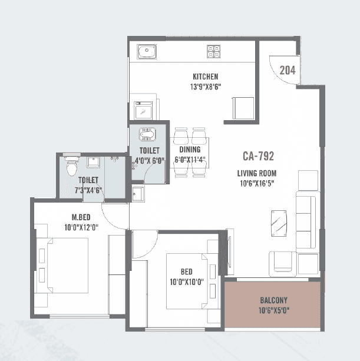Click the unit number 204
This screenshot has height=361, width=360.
pyautogui.click(x=287, y=71)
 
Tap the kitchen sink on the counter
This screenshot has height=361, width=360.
pyautogui.click(x=146, y=52)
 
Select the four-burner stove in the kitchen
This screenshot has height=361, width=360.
pyautogui.click(x=213, y=52)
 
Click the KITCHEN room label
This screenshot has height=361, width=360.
pyautogui.click(x=206, y=77)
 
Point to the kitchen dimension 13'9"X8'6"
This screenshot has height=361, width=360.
pyautogui.click(x=206, y=87)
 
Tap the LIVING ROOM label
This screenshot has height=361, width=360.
pyautogui.click(x=256, y=173)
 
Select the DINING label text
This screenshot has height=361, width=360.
pyautogui.click(x=190, y=150)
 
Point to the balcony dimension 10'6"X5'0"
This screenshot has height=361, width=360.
pyautogui.click(x=273, y=310)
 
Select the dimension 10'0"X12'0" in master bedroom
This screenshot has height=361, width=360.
pyautogui.click(x=81, y=226)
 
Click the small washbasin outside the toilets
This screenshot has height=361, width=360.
pyautogui.click(x=137, y=193)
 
